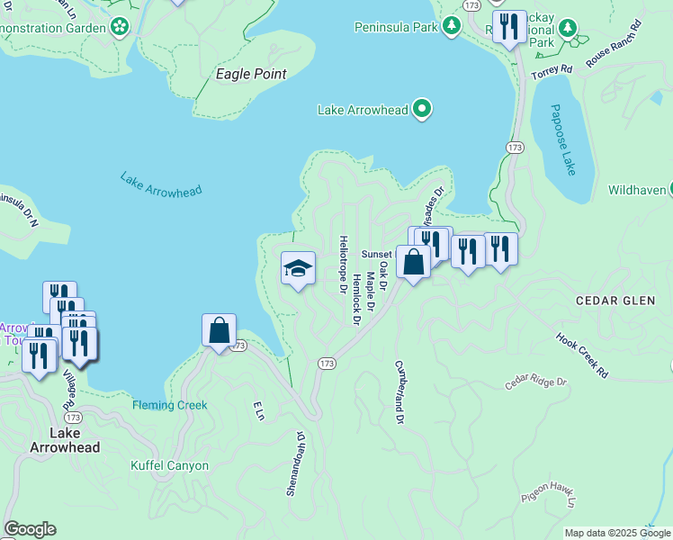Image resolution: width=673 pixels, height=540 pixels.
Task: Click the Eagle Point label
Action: click(x=251, y=74)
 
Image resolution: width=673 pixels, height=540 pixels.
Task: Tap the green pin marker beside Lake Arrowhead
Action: click(x=423, y=110)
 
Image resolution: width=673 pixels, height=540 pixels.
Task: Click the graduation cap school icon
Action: click(x=298, y=268)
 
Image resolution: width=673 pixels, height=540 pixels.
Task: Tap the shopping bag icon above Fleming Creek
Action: click(x=220, y=330)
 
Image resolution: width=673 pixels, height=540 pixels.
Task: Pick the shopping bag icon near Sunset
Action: click(x=413, y=263)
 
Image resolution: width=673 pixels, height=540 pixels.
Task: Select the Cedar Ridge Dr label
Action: click(x=537, y=382)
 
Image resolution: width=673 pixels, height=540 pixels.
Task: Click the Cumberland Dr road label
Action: click(x=398, y=392)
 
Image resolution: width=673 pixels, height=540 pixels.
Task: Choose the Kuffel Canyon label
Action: click(x=169, y=465)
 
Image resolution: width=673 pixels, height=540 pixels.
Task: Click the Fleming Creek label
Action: click(x=170, y=405)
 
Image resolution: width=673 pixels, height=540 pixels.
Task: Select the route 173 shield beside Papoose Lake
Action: click(x=514, y=147)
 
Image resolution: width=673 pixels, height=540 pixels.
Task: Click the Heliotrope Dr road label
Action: click(x=343, y=265)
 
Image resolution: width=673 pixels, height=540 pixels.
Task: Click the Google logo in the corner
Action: click(x=30, y=529)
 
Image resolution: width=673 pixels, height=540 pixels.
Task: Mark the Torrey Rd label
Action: click(x=552, y=70)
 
